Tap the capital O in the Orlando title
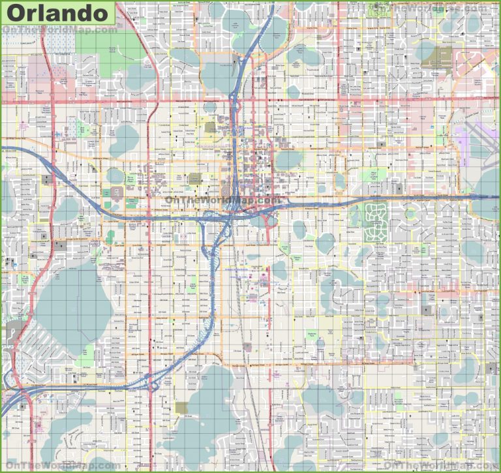[x=20, y=12]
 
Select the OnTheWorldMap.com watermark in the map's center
[x=222, y=200]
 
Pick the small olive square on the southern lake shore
[x=181, y=408]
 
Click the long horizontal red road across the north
[x=261, y=101]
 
